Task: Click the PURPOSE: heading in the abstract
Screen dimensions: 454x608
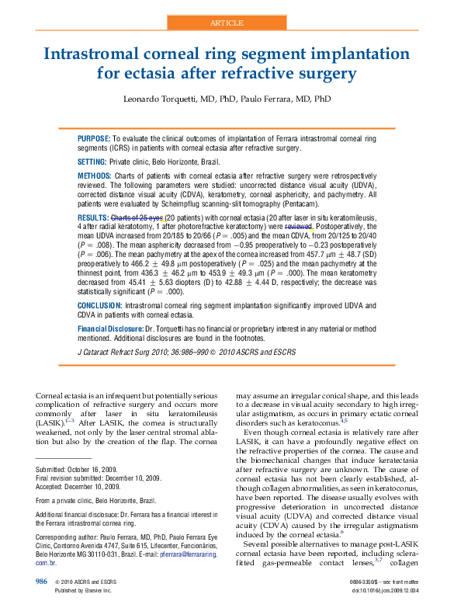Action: click(x=95, y=137)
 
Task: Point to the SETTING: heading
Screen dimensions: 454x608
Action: click(x=92, y=162)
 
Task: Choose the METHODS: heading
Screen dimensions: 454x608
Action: click(x=95, y=176)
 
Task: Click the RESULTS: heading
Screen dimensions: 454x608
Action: click(x=93, y=218)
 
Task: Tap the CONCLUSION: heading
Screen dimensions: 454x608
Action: click(x=100, y=306)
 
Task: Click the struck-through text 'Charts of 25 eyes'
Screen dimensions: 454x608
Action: click(x=137, y=218)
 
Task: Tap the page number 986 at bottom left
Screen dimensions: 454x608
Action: click(x=42, y=582)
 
